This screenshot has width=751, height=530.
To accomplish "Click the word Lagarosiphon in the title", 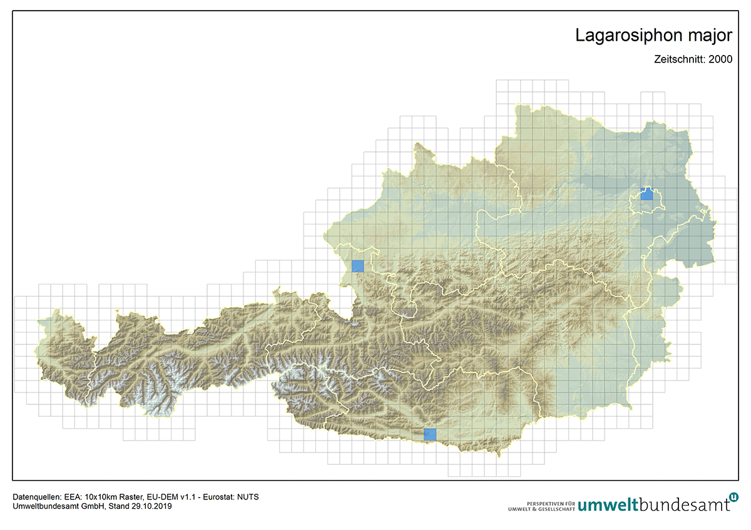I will click(x=632, y=36).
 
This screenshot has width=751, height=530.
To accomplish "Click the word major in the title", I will click(x=712, y=36).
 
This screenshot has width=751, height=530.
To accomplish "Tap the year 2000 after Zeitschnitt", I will click(x=720, y=60).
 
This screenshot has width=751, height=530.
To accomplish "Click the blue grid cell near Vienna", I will click(x=647, y=194).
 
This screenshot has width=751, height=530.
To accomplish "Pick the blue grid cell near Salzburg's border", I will click(x=357, y=266).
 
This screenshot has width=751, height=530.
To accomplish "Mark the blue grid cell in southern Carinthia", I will click(x=430, y=434).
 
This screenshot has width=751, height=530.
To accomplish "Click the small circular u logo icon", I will click(x=733, y=497).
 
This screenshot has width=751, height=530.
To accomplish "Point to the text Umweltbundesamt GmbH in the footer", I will click(x=51, y=506).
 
